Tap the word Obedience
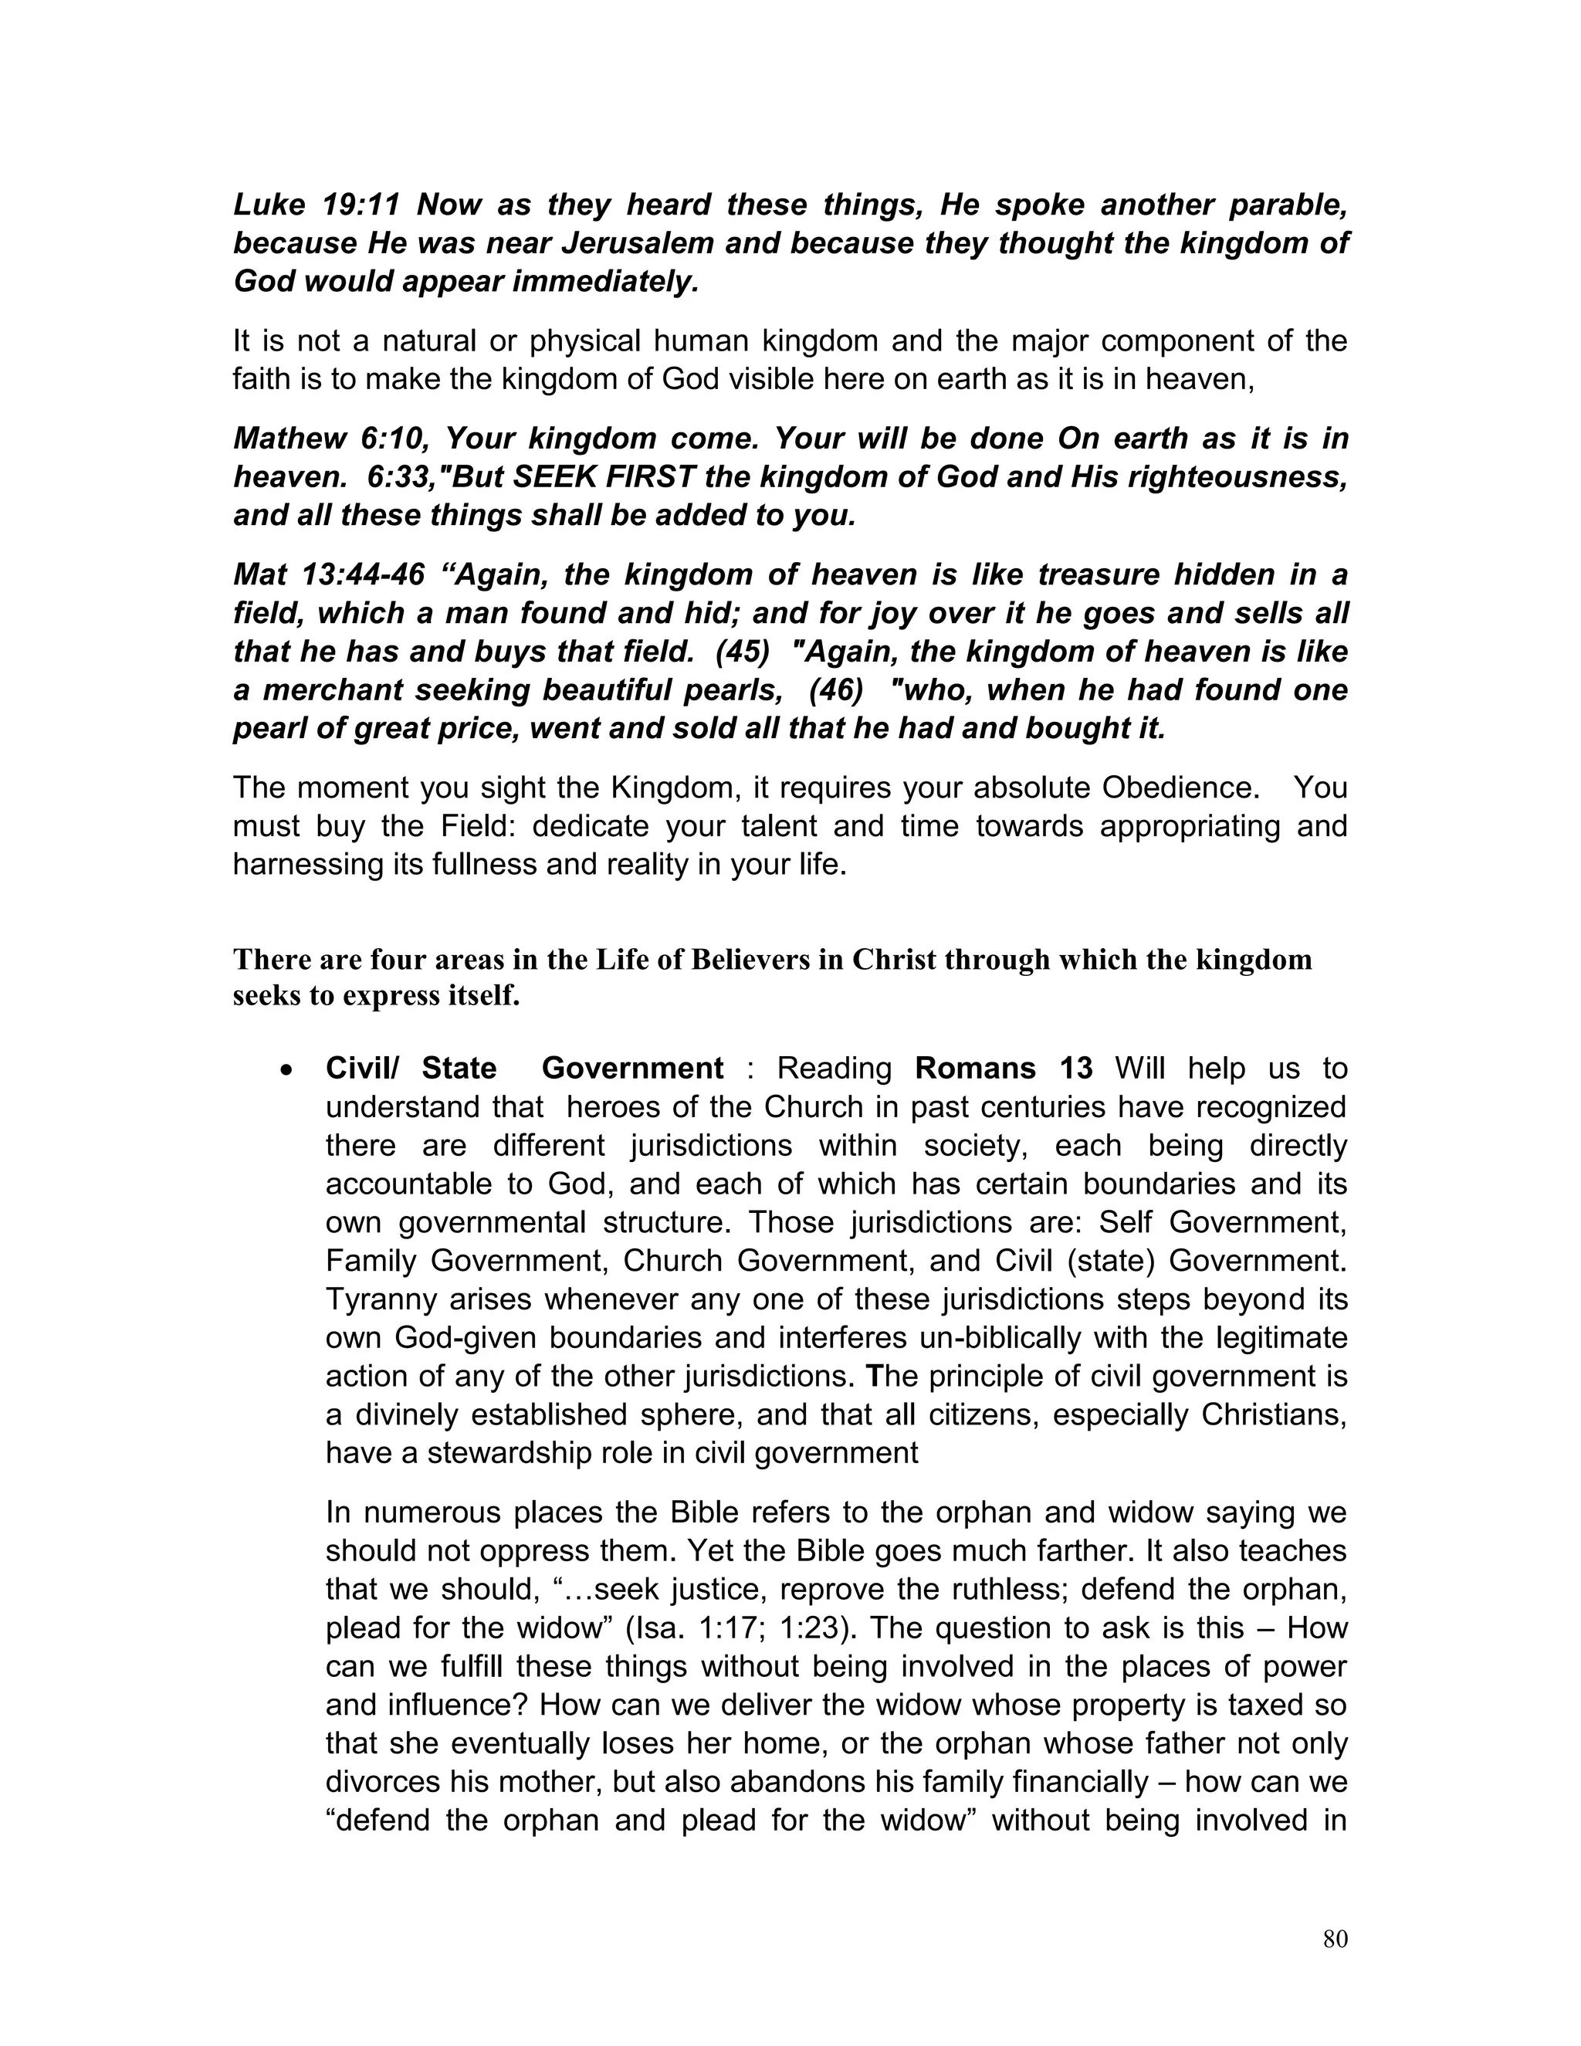1178,787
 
